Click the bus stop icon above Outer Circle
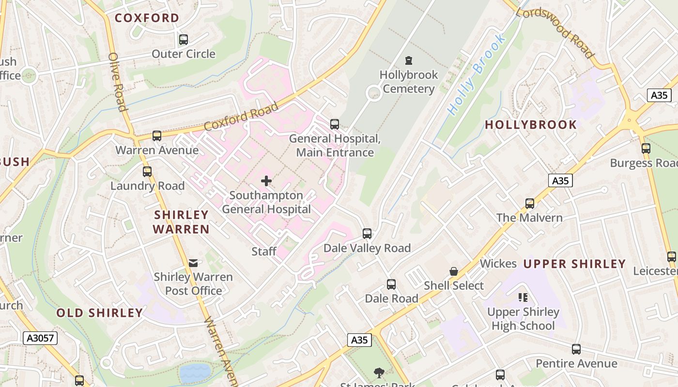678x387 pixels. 183,40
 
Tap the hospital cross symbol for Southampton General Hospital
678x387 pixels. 266,181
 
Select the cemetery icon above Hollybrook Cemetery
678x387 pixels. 409,61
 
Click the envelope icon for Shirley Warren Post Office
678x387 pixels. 193,263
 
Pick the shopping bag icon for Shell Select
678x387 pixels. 454,271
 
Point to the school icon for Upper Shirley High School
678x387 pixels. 523,298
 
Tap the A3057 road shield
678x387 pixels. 40,338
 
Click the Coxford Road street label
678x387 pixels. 241,117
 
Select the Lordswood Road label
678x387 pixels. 555,33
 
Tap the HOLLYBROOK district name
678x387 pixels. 531,125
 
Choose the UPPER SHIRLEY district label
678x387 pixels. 574,264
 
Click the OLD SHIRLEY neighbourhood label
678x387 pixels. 100,313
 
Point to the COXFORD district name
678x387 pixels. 147,18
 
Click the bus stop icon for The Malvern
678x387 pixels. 530,204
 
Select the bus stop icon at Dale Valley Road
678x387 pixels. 367,234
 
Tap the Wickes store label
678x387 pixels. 498,264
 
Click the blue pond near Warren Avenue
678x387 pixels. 195,373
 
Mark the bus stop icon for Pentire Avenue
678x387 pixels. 576,349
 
